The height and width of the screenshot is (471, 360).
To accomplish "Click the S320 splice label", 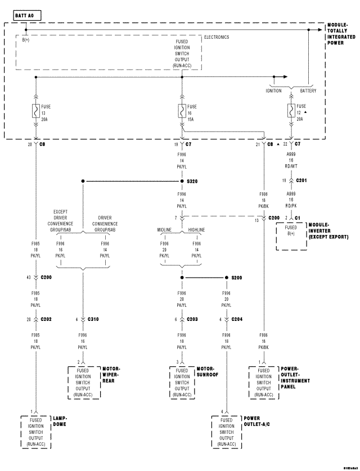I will (193, 182).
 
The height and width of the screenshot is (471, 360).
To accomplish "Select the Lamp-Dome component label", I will (61, 422).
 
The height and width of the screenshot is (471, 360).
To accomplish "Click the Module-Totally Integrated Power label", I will (341, 34).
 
